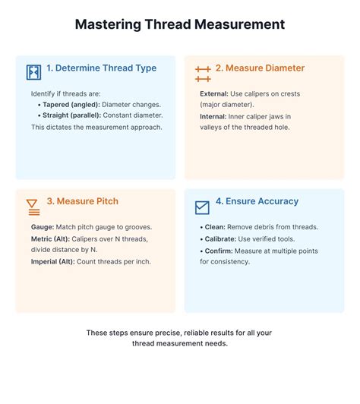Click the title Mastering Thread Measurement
(180, 24)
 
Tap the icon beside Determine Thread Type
(34, 72)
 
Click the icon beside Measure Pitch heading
(33, 205)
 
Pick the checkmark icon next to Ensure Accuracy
(202, 206)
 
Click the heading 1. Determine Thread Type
(101, 68)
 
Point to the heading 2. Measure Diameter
(260, 68)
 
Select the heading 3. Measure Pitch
(83, 201)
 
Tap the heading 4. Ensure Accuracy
(257, 201)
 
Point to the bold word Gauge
(43, 227)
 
